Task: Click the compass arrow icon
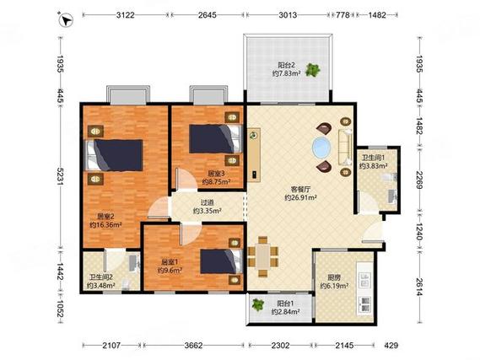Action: pos(66,20)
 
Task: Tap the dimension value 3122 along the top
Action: pos(126,15)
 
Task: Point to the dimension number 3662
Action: pos(193,346)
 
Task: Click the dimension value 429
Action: pos(391,346)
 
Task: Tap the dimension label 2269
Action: pos(420,179)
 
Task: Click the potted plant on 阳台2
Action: pos(313,70)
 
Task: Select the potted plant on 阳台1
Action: pos(258,304)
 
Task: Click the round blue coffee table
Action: pos(321,148)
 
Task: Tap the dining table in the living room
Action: pos(262,257)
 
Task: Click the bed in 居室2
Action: pos(114,155)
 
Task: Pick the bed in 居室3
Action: pos(215,138)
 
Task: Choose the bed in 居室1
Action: pos(222,261)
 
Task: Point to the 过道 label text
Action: pos(207,202)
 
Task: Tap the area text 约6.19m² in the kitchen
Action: pos(335,286)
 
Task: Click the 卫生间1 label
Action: pos(373,158)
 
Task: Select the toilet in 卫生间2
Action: pos(127,284)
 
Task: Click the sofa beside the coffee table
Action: pos(345,147)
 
